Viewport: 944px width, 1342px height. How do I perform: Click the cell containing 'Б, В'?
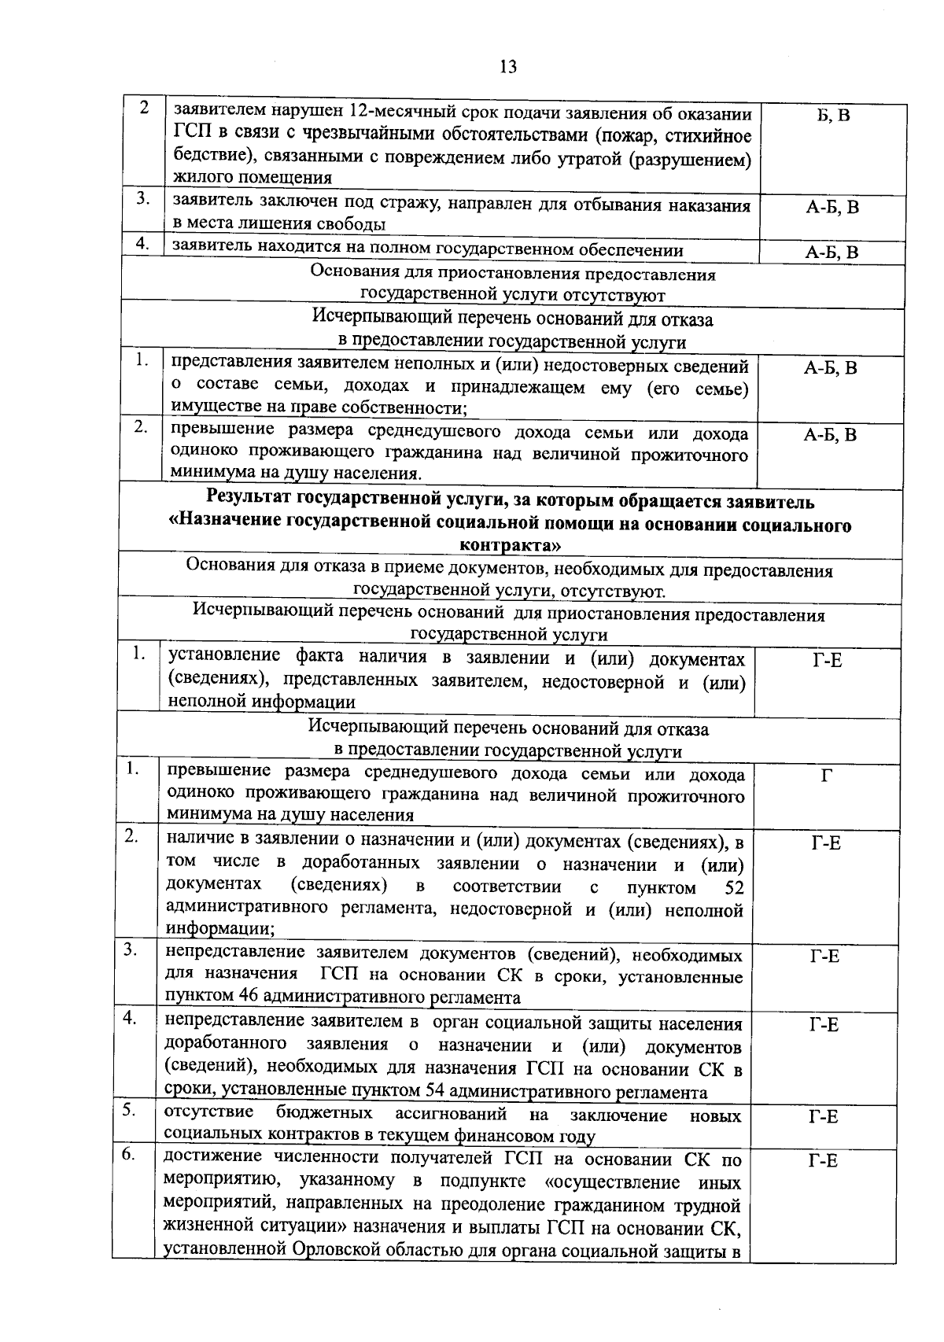[x=833, y=116]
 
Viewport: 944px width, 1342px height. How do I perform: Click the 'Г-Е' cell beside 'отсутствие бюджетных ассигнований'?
[x=824, y=1116]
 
